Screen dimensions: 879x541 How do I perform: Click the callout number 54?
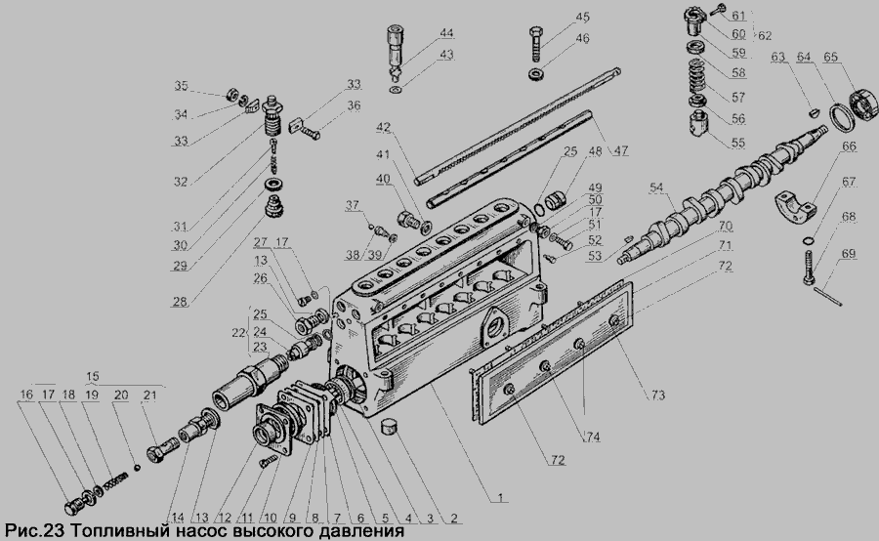pos(656,187)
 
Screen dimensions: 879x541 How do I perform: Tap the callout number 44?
pos(446,33)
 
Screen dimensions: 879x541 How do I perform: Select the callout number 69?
pos(849,254)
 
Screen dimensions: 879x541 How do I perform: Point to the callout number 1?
pos(501,497)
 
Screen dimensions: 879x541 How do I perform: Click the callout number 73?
pos(658,395)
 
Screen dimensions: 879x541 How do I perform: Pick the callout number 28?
pos(180,302)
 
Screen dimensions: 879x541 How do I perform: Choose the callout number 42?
pos(383,127)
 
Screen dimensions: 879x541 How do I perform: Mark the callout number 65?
pos(830,58)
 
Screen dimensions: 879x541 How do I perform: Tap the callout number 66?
pos(850,146)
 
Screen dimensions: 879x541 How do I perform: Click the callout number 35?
pos(181,86)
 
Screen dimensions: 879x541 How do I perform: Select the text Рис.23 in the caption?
pos(35,531)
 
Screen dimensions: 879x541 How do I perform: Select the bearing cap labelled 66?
pos(794,206)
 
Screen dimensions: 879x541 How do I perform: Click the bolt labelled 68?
pos(810,268)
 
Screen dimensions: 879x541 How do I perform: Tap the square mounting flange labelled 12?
pos(273,426)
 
